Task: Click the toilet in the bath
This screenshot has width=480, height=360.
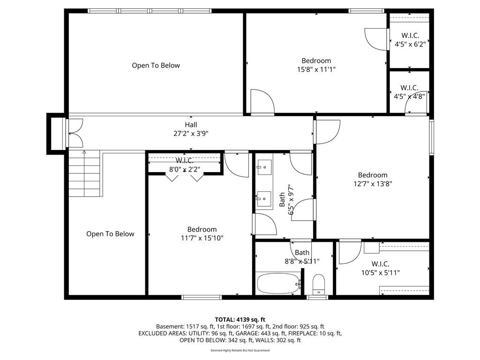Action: [319, 285]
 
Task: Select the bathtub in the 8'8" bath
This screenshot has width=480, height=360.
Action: [278, 284]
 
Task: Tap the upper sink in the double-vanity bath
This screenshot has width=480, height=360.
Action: [264, 167]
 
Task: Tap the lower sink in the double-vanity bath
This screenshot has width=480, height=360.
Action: [264, 199]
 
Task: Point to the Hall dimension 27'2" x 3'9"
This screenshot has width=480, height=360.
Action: [191, 134]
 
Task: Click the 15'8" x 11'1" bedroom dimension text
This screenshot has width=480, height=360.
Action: [316, 69]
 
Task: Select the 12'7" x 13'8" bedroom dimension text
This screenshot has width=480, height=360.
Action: [373, 184]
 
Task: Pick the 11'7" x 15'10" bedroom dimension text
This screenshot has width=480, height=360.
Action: [202, 238]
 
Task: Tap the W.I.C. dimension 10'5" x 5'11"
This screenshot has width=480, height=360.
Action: [381, 272]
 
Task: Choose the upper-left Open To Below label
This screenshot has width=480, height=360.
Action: [156, 65]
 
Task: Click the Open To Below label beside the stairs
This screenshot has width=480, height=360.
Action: [110, 234]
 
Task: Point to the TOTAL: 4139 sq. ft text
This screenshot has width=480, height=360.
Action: [240, 320]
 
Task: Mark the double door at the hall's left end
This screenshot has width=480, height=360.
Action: [75, 133]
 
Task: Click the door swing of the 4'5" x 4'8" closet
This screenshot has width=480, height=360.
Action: [416, 102]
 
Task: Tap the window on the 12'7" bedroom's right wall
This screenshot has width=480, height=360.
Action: [431, 137]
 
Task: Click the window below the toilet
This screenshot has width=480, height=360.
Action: [317, 297]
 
